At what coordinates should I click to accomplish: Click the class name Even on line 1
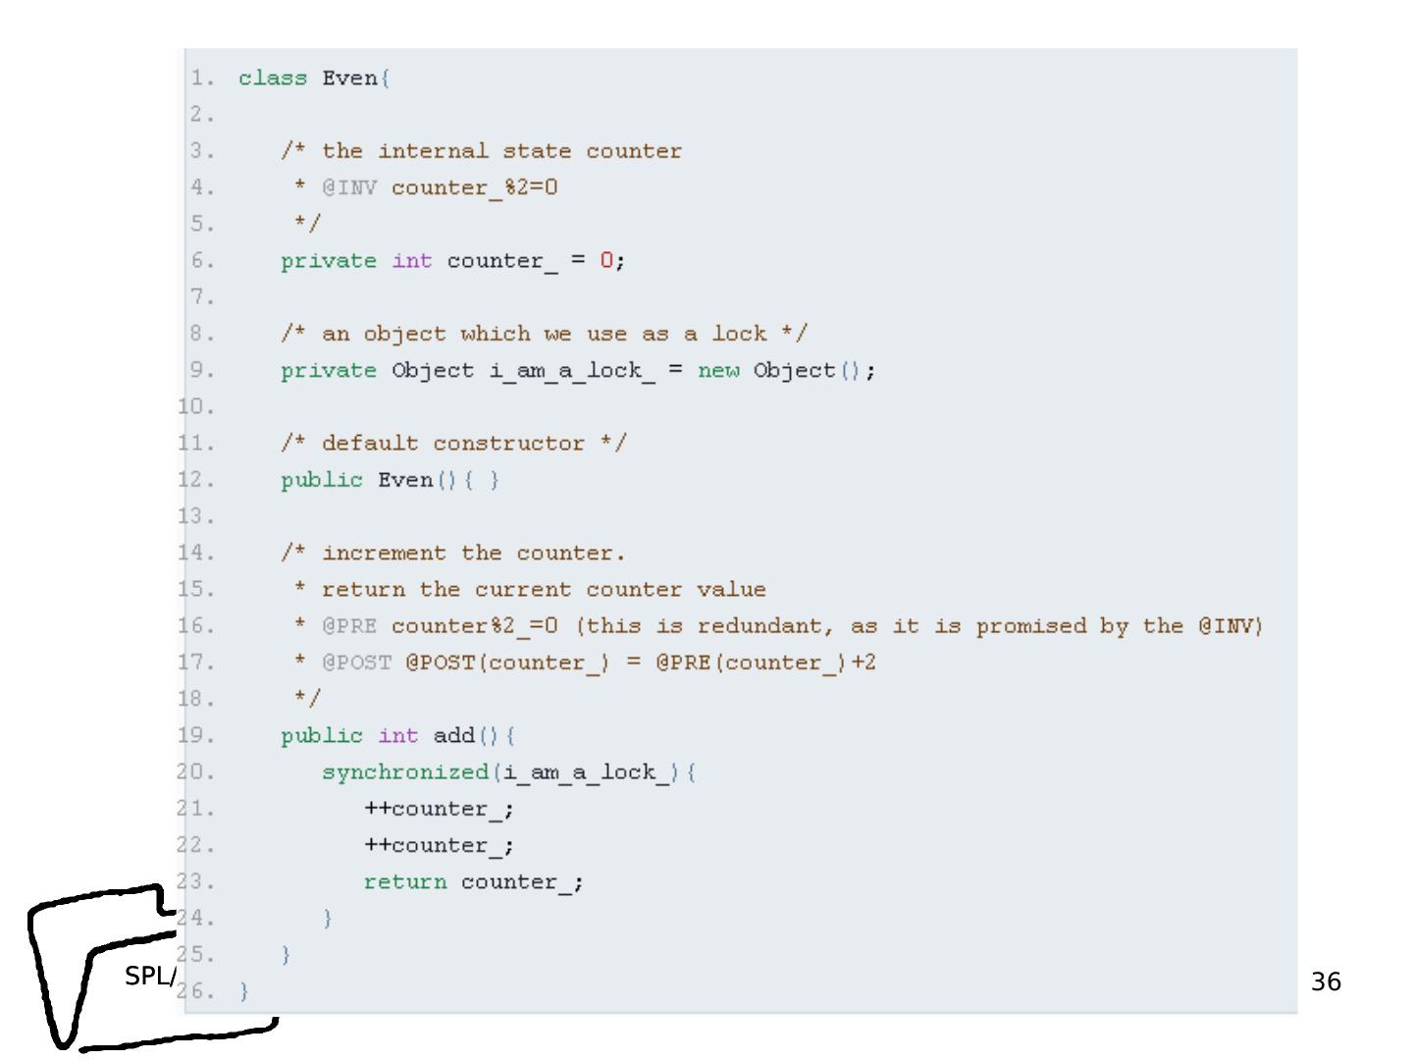click(349, 79)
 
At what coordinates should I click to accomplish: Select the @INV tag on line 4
click(349, 187)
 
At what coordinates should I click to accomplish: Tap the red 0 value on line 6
click(606, 261)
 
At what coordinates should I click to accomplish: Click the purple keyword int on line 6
click(412, 261)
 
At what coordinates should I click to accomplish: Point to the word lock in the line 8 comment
click(739, 334)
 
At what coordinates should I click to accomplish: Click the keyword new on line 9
click(718, 371)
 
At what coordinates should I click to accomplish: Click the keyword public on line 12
click(322, 480)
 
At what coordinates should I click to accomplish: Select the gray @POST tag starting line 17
click(356, 663)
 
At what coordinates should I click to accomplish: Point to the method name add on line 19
click(453, 736)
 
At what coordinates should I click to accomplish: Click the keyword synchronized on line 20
click(405, 772)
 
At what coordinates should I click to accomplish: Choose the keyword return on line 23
click(405, 882)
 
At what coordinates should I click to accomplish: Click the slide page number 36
click(1326, 981)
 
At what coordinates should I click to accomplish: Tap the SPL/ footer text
click(150, 977)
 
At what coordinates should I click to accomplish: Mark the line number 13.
click(196, 516)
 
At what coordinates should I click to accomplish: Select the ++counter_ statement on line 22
click(439, 846)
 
